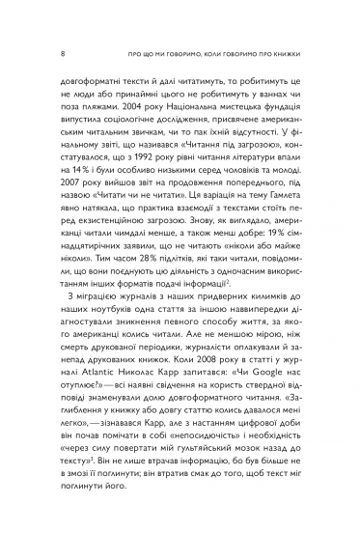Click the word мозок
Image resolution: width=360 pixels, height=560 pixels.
tap(223, 503)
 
